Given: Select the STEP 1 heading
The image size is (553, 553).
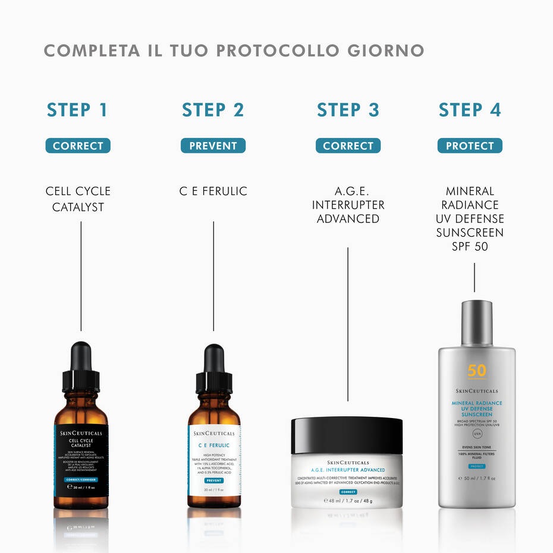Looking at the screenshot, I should (77, 110).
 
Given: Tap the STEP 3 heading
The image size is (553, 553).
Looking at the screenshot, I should (348, 110).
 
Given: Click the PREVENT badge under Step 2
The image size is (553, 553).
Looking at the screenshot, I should (213, 146).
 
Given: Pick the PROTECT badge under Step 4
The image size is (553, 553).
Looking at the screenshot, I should (470, 146).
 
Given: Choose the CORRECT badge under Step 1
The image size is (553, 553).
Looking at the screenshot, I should (78, 146).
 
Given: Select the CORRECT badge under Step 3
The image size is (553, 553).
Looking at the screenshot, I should (348, 146).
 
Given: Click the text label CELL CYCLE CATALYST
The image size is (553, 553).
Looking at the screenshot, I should (78, 199).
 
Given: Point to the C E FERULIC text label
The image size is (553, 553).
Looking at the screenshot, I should (213, 191).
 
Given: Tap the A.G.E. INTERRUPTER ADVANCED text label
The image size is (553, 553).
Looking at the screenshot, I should (348, 205).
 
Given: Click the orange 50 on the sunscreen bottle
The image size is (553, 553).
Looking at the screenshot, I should (476, 371).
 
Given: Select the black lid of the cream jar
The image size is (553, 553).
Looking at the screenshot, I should (347, 434).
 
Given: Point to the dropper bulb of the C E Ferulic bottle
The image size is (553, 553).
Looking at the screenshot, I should (213, 358).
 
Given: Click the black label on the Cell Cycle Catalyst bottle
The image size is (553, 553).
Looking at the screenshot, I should (81, 458).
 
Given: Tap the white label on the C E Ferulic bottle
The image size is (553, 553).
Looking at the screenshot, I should (214, 460).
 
